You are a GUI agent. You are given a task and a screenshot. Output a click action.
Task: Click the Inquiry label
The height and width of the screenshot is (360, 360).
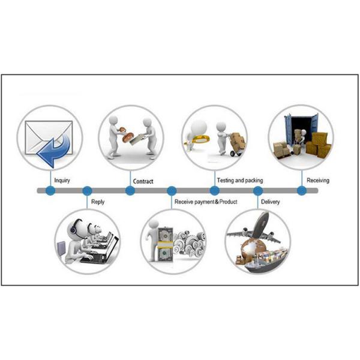tap(62, 181)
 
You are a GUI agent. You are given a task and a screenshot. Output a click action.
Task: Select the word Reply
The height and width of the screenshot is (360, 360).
tap(98, 202)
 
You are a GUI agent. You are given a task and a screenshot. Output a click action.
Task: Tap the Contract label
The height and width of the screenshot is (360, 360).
tap(143, 181)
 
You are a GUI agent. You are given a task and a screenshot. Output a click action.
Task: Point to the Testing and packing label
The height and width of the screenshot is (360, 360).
tap(240, 181)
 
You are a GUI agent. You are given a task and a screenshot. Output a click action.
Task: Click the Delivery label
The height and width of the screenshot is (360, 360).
tap(270, 202)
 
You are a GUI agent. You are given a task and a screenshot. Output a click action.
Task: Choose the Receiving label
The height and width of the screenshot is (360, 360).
tap(318, 181)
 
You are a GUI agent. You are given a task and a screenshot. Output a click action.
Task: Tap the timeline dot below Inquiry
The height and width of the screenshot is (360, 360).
tap(50, 191)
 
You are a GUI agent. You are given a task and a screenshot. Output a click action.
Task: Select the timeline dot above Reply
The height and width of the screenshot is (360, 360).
tap(87, 191)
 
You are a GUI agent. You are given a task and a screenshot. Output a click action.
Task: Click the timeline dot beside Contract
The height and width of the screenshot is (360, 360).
tap(130, 191)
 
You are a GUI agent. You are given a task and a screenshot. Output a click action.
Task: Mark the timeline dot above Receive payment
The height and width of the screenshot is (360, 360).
tap(172, 191)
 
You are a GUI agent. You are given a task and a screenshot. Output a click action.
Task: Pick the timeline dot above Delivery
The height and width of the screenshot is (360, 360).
tap(257, 191)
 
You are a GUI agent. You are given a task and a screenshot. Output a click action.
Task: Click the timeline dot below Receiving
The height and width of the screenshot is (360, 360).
tap(302, 191)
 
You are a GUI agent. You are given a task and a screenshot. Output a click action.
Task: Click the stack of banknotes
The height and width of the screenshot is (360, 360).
tap(165, 244)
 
